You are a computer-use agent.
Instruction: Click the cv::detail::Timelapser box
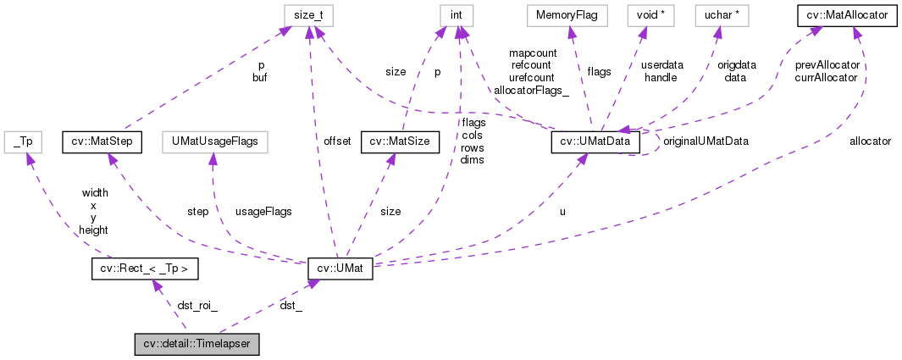coord(197,345)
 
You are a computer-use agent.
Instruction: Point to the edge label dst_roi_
coord(197,306)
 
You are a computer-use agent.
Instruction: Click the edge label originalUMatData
coord(705,141)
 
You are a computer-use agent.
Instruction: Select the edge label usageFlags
coord(263,211)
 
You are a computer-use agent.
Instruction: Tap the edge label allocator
coord(870,141)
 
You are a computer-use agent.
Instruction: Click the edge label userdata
coord(661,64)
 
